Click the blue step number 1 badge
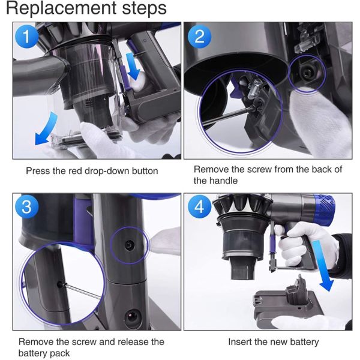coord(26,36)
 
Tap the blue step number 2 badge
coord(199,36)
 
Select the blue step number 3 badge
coord(26,206)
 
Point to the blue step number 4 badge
coord(199,206)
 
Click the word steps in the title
coord(144,9)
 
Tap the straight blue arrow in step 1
coord(133,66)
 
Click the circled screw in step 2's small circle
coord(307,73)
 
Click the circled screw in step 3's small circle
coord(129,245)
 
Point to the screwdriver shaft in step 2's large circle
coord(229,116)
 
